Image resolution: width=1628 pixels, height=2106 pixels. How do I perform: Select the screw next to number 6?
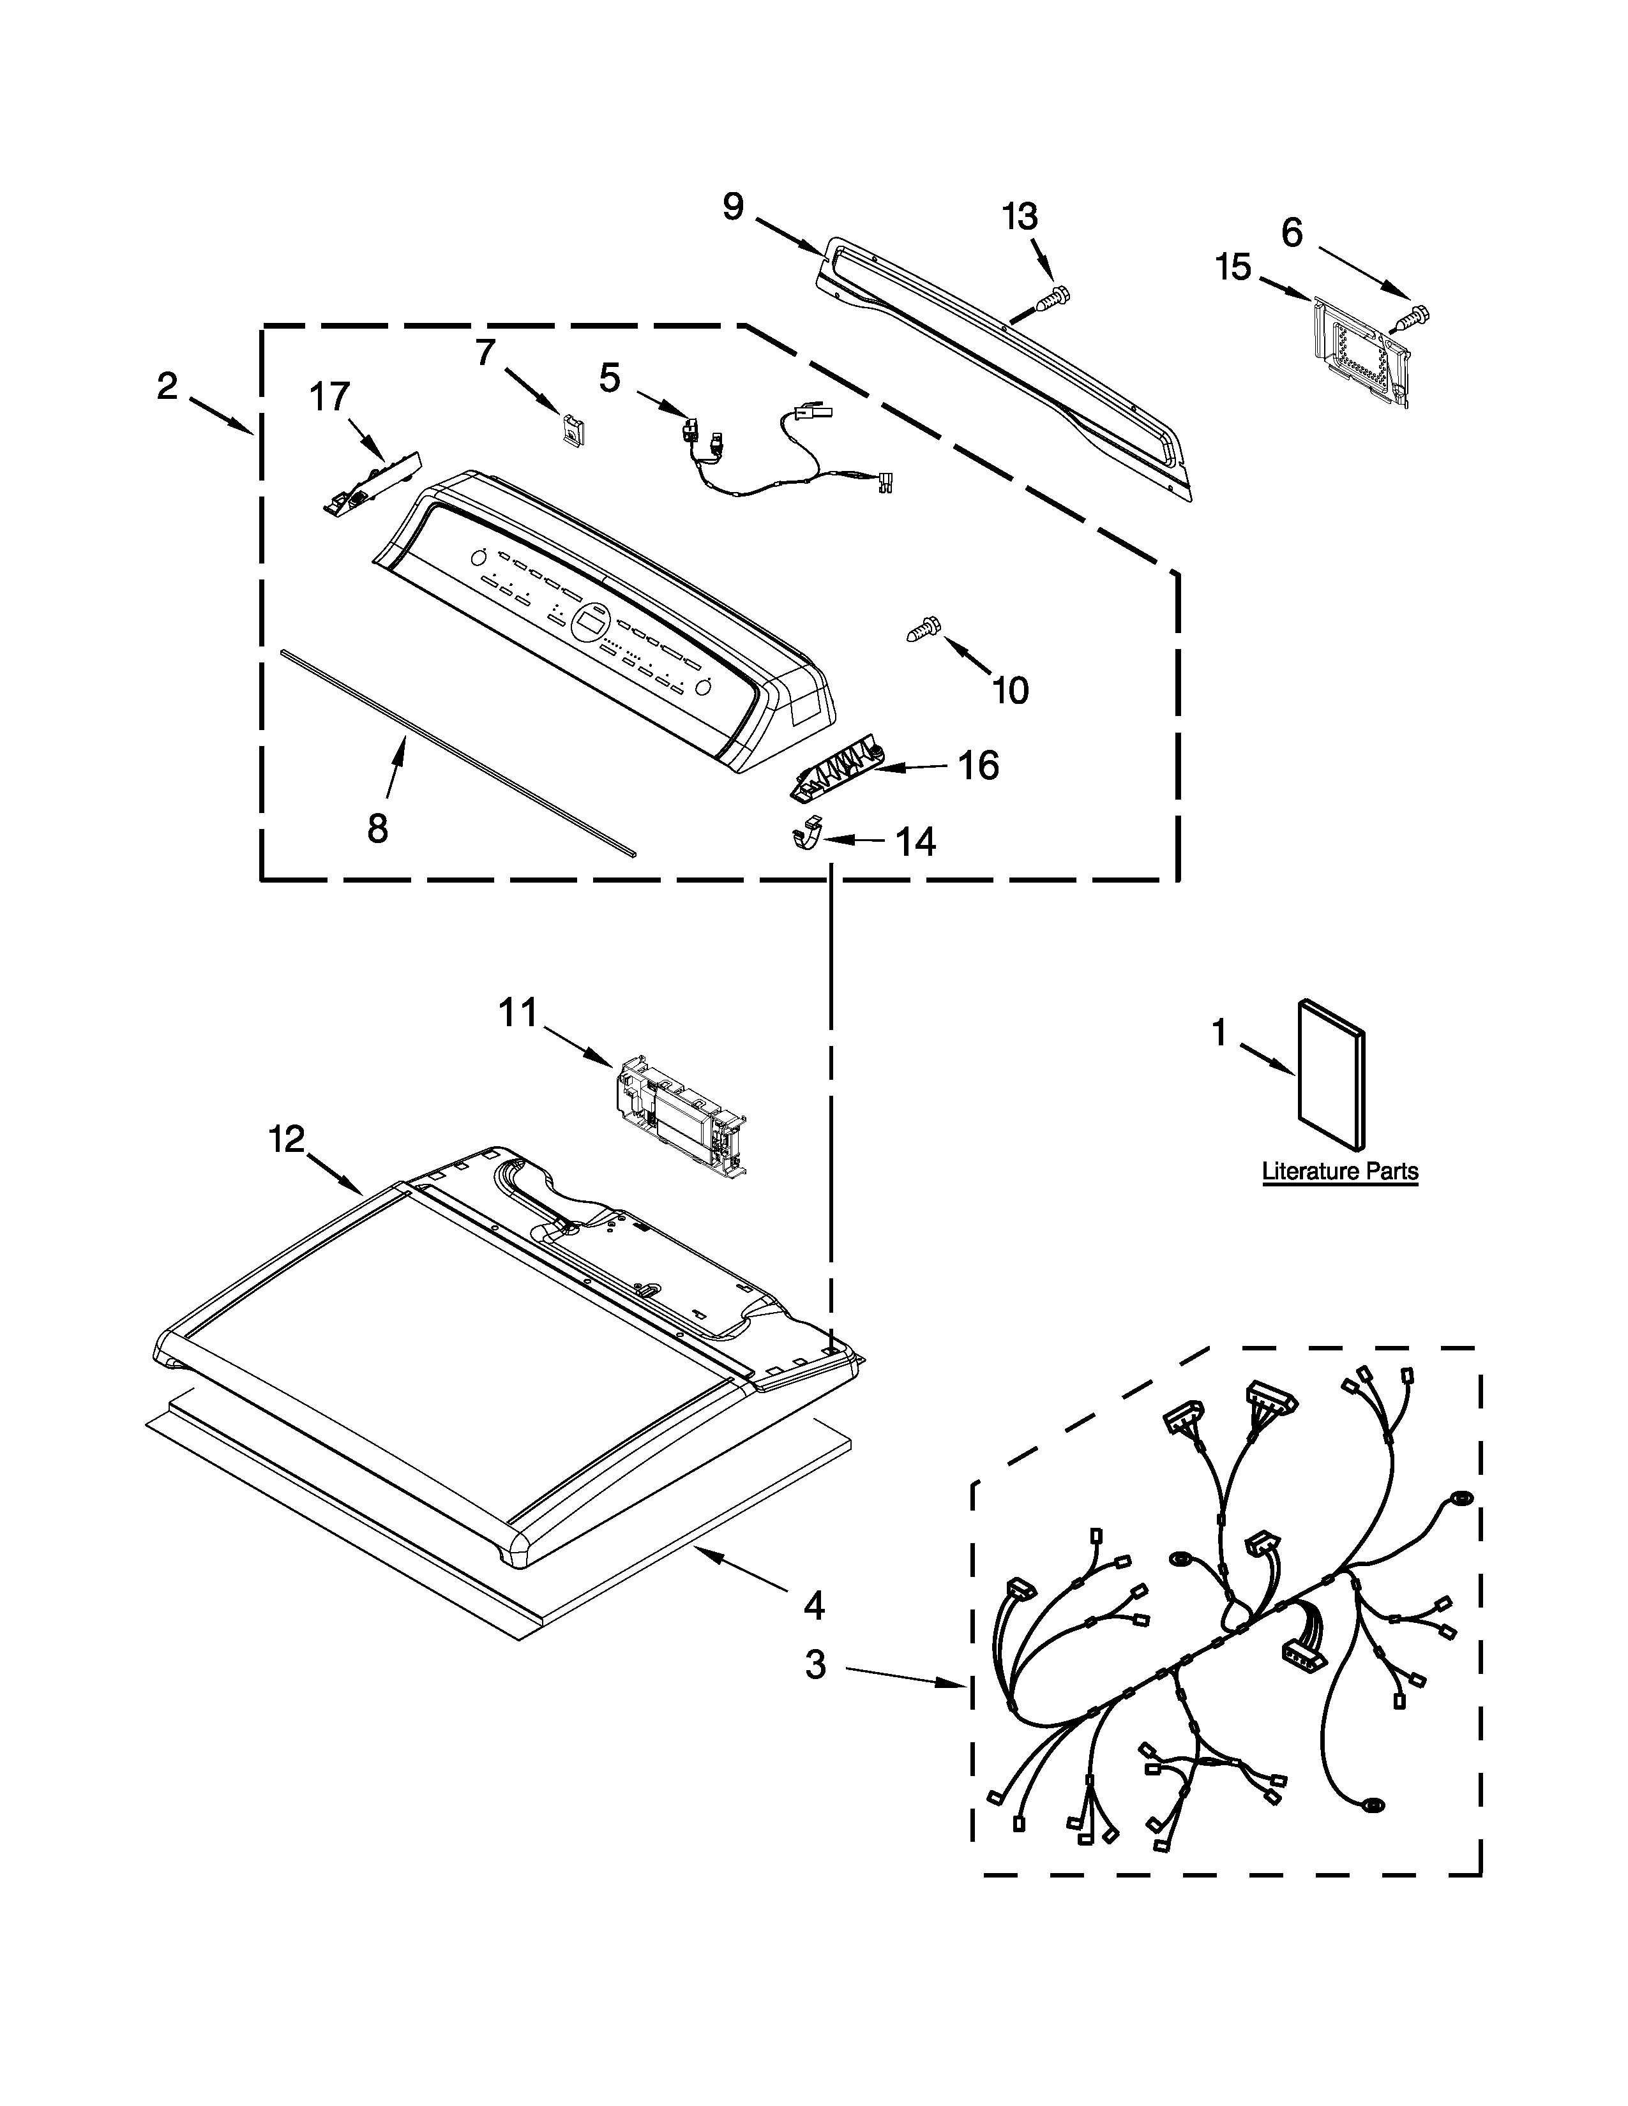(1415, 315)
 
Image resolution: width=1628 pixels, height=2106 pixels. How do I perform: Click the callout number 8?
(377, 827)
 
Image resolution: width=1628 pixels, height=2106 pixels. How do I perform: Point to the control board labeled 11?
(678, 1115)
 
